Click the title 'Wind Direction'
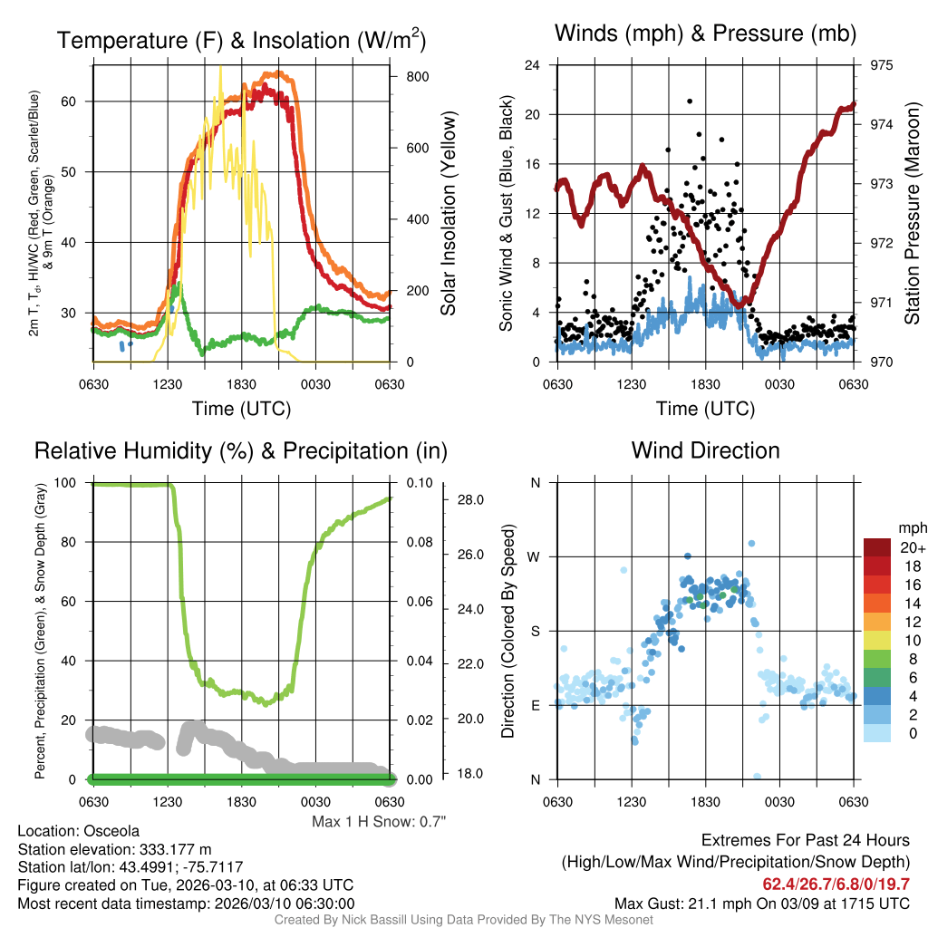pyautogui.click(x=705, y=450)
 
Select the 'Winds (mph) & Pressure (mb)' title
pyautogui.click(x=705, y=34)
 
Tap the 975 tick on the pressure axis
pyautogui.click(x=881, y=65)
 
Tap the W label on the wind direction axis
pyautogui.click(x=536, y=556)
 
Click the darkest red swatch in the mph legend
pyautogui.click(x=879, y=546)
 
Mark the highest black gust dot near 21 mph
pyautogui.click(x=690, y=101)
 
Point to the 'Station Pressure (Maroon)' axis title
pyautogui.click(x=912, y=214)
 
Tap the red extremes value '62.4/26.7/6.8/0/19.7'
pyautogui.click(x=835, y=884)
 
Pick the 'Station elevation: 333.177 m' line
pyautogui.click(x=114, y=848)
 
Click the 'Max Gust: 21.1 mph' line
pyautogui.click(x=761, y=903)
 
